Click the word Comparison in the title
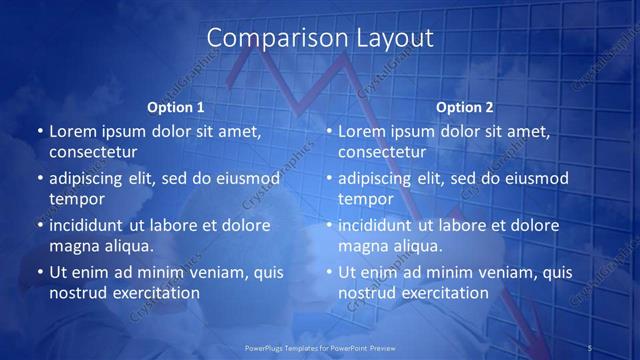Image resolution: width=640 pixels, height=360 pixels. point(264,38)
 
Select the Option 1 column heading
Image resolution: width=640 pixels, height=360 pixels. point(176,107)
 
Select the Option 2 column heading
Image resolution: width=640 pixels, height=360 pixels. point(465,107)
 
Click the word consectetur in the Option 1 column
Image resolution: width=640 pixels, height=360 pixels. point(93,152)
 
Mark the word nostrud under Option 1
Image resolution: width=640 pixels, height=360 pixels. point(76,293)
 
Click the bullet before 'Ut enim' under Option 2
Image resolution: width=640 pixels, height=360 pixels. point(329,272)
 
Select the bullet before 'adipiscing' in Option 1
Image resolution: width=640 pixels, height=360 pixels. point(40,178)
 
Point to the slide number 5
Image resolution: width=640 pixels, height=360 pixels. point(590,347)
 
